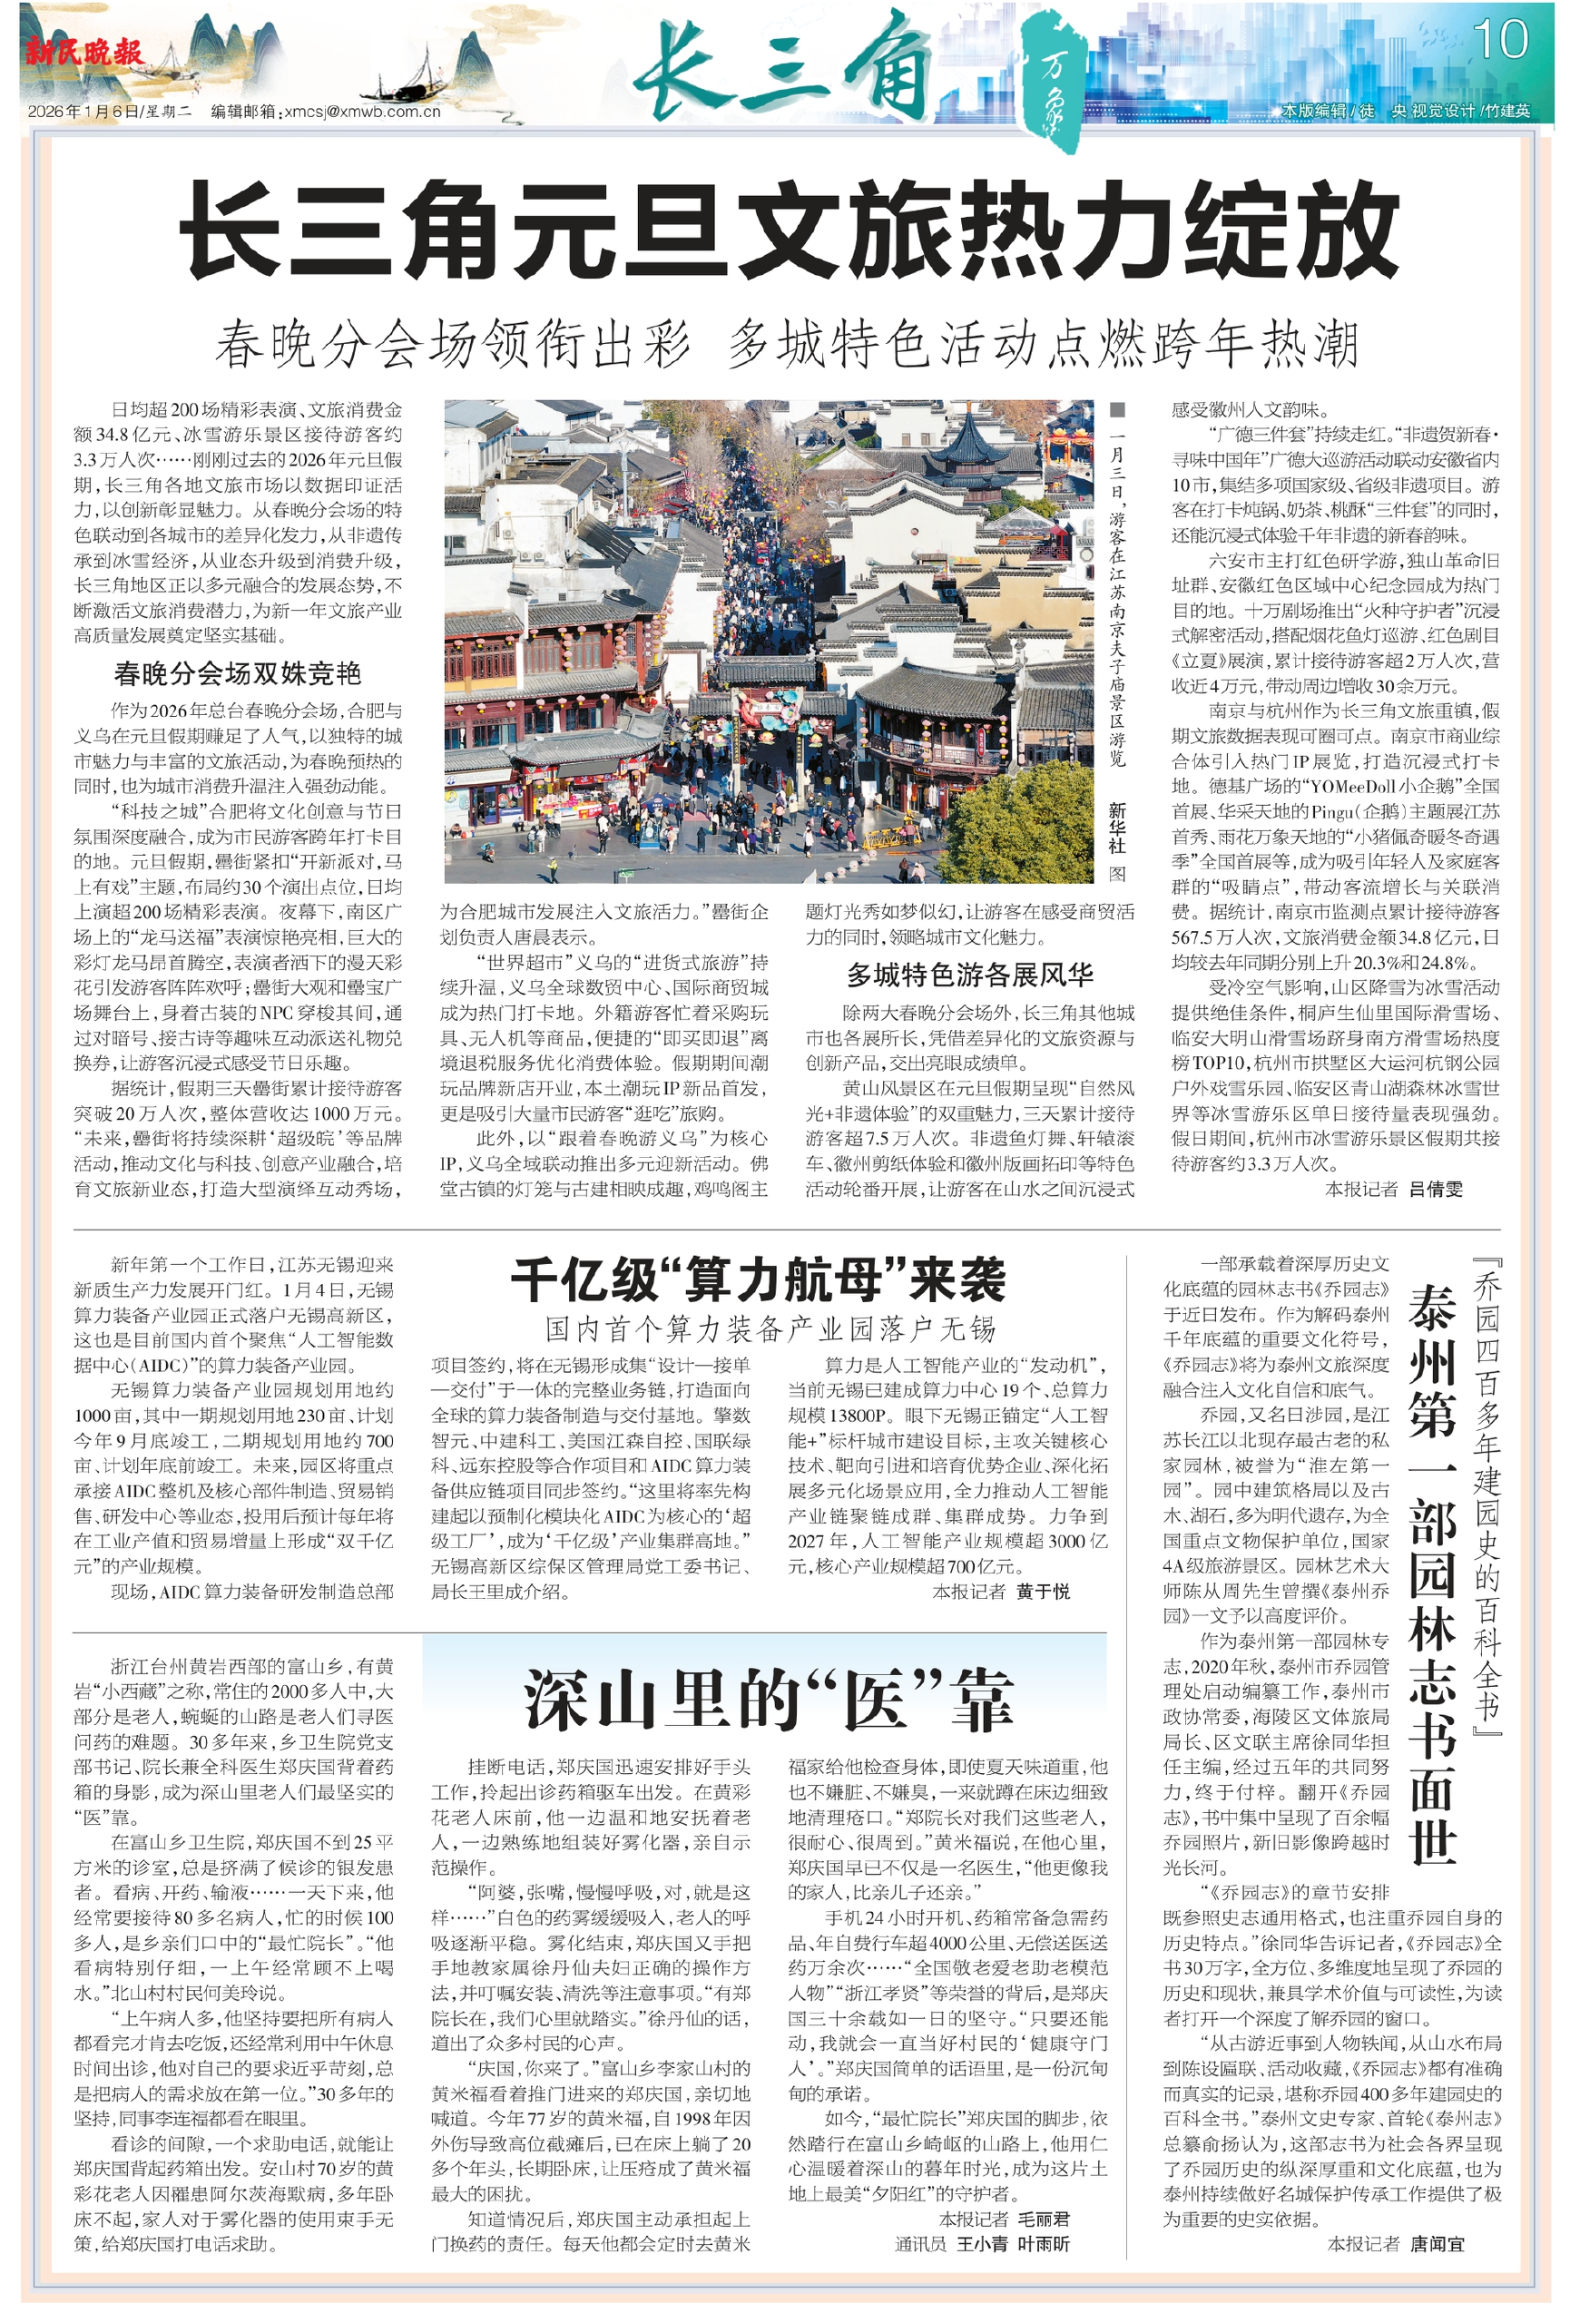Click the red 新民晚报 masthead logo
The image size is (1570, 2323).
tap(85, 52)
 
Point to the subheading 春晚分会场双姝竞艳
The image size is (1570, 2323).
tap(238, 673)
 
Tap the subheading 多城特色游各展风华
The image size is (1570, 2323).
tap(969, 974)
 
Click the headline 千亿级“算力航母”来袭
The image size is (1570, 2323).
tap(758, 1279)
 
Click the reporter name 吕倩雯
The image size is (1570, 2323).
tap(1435, 1189)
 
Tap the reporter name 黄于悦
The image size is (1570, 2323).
tap(1043, 1592)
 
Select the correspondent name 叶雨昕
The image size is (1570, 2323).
tap(1043, 2244)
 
